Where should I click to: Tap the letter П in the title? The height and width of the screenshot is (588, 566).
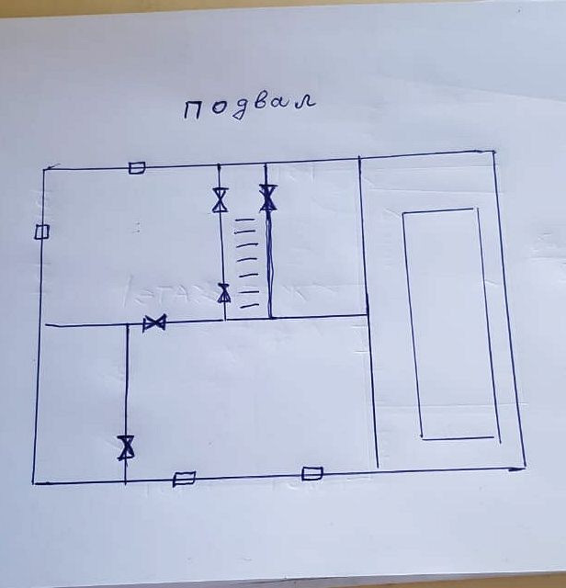[x=193, y=109]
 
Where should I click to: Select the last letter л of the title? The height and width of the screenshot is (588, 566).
[x=306, y=100]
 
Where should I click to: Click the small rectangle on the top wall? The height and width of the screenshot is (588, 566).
[x=137, y=167]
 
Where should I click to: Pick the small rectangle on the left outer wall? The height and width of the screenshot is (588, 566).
[x=41, y=232]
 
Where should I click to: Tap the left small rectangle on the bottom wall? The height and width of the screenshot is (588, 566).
[x=184, y=478]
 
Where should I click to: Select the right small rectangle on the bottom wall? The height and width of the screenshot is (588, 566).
[x=312, y=473]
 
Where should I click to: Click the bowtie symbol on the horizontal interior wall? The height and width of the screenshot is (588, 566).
[x=154, y=322]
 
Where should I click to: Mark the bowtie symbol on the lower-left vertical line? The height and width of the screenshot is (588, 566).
[x=126, y=447]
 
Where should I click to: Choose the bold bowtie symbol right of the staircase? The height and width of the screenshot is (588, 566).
[x=267, y=198]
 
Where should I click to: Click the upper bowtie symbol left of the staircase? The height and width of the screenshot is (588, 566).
[x=220, y=200]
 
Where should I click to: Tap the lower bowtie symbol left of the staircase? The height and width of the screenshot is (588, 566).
[x=223, y=293]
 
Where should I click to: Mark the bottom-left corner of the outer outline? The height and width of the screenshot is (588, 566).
[x=34, y=481]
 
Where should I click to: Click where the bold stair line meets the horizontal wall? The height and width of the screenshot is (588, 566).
[x=270, y=318]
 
